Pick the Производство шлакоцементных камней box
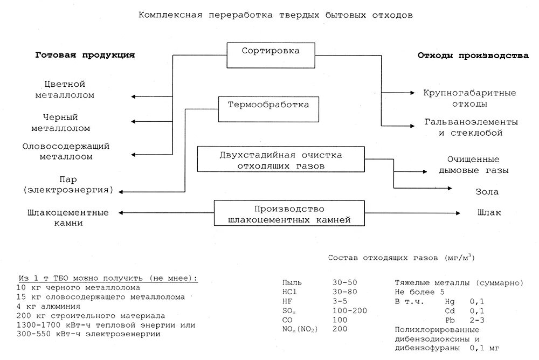289,214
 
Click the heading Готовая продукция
85,56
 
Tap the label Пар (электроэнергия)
67,184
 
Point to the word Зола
487,191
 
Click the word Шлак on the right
489,212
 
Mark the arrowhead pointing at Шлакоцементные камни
121,212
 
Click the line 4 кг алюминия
49,306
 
